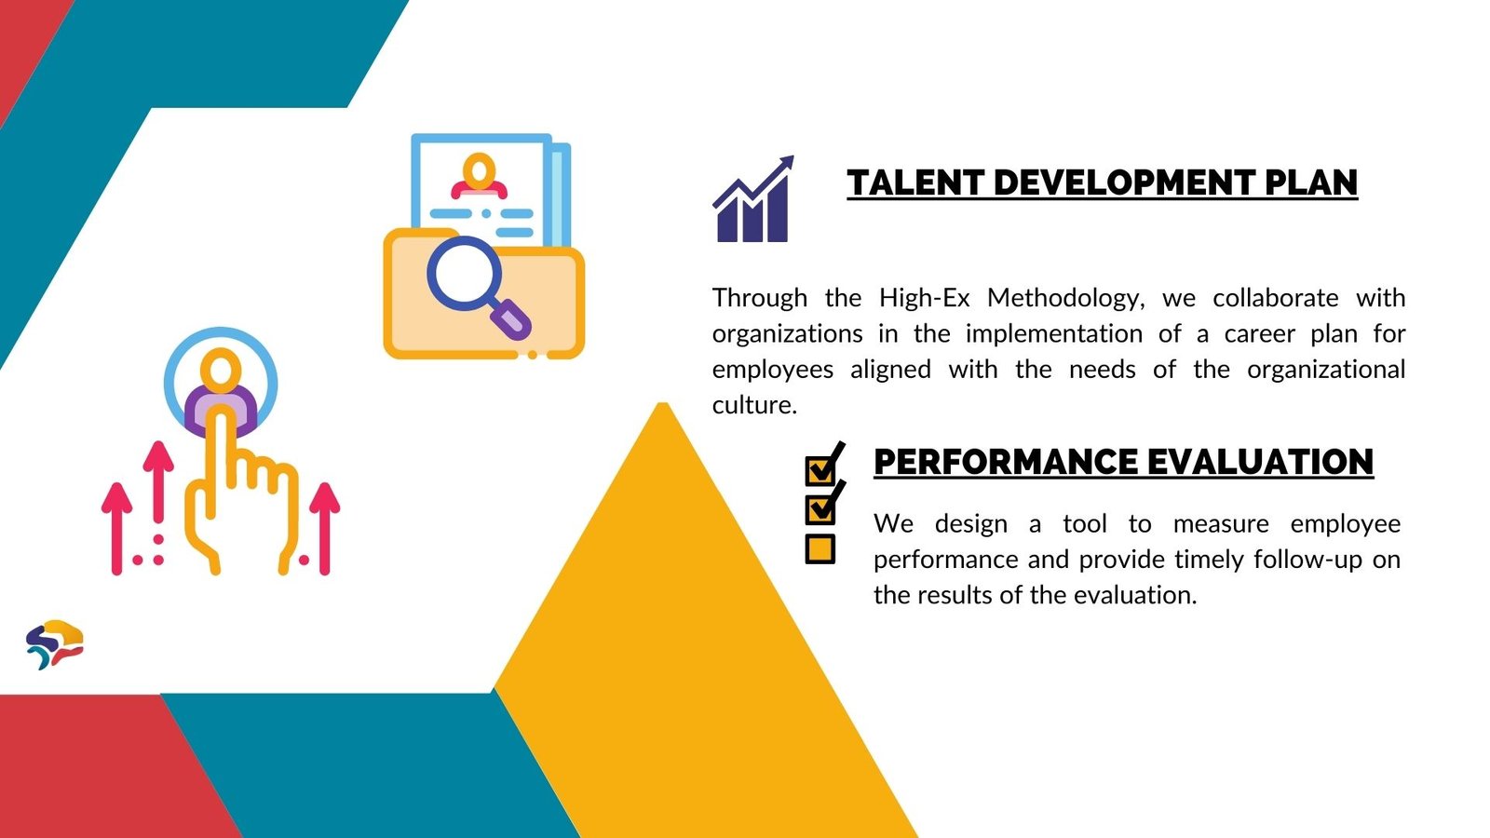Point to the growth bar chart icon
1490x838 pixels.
click(753, 198)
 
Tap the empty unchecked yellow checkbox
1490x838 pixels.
click(819, 549)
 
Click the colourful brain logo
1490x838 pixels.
click(55, 643)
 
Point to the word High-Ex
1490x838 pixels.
click(925, 297)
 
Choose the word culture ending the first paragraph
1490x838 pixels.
click(754, 405)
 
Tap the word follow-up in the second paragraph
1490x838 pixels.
click(1307, 560)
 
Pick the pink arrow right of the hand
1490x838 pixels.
click(325, 528)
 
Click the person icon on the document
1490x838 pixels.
click(479, 176)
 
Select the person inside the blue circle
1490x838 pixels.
click(221, 391)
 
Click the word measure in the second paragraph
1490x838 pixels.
click(1221, 524)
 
